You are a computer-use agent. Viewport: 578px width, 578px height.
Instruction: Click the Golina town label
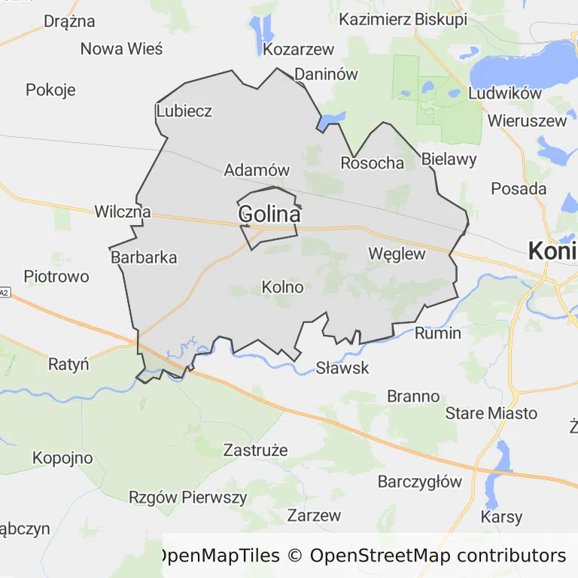click(269, 214)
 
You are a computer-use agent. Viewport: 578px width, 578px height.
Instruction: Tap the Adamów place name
click(257, 170)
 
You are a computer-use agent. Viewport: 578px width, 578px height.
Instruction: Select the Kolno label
click(282, 287)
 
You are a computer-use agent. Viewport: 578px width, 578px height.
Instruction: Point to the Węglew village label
click(397, 254)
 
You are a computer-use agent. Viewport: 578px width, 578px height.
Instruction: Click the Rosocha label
click(372, 163)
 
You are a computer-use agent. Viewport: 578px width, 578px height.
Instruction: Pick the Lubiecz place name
click(184, 111)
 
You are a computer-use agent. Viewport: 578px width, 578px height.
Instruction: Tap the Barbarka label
click(144, 257)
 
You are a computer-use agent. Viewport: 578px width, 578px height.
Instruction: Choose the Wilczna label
click(122, 212)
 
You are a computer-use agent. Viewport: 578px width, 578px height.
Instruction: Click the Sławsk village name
click(342, 368)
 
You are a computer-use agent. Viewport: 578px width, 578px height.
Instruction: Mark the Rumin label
click(437, 333)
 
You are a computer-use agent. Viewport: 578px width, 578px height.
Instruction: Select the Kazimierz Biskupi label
click(403, 20)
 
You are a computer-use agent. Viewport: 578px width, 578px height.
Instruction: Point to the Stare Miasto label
click(491, 413)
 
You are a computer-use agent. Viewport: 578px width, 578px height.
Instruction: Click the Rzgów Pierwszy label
click(187, 497)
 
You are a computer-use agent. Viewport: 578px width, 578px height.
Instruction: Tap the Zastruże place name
click(256, 451)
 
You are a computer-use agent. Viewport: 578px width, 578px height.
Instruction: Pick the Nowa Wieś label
click(121, 49)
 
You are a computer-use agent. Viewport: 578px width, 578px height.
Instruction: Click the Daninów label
click(326, 75)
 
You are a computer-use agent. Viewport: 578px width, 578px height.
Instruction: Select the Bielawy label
click(449, 159)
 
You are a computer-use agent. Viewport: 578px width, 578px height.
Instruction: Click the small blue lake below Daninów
click(332, 120)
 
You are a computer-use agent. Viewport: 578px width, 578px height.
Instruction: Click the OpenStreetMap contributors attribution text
click(437, 556)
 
